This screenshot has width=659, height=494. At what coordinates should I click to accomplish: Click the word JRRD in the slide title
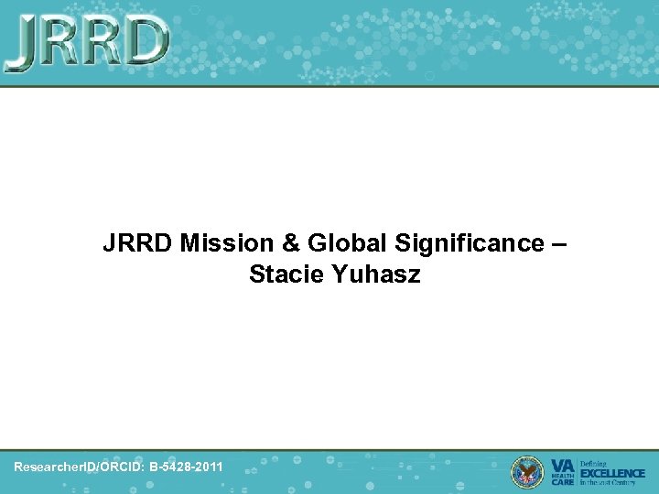click(x=138, y=244)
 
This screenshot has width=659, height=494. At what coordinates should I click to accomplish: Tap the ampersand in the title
click(x=288, y=244)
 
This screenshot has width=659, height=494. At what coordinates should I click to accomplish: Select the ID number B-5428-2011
click(x=186, y=467)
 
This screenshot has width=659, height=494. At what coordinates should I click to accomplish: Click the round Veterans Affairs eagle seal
click(x=526, y=471)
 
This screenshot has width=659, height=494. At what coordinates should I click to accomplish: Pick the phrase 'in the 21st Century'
click(x=611, y=482)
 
